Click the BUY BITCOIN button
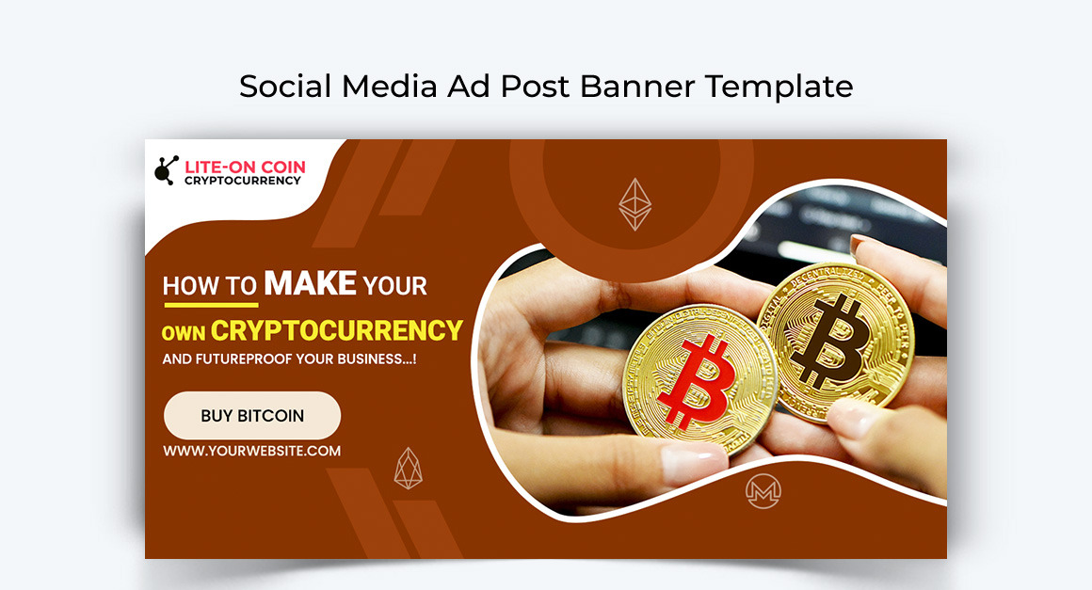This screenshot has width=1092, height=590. [252, 415]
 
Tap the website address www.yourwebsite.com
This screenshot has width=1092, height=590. [252, 451]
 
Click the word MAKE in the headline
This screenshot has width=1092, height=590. [311, 284]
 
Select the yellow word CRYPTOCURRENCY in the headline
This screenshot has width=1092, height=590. [336, 330]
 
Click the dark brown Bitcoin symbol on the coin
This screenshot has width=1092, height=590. [831, 341]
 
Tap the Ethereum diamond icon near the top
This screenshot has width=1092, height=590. [635, 204]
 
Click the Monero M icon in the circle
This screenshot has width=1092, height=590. [763, 491]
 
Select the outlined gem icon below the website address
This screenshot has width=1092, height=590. [409, 469]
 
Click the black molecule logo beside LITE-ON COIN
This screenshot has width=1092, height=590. [167, 170]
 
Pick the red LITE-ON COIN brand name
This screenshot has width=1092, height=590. [245, 167]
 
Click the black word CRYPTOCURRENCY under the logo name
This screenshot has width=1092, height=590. [242, 181]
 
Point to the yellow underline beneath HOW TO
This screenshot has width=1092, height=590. [210, 304]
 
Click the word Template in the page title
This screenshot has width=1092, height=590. [779, 87]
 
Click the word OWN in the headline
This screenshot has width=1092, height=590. [184, 333]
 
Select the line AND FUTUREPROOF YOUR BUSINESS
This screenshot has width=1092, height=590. [289, 359]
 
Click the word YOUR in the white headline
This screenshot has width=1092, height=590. [394, 286]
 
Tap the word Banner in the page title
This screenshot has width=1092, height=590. [637, 87]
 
